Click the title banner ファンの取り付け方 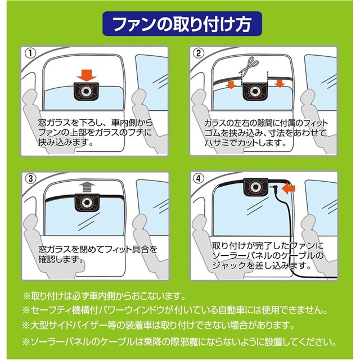pos(179,25)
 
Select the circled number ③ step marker pos(32,178)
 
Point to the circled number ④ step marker pos(198,178)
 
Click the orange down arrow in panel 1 pos(87,74)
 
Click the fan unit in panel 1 pos(87,91)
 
